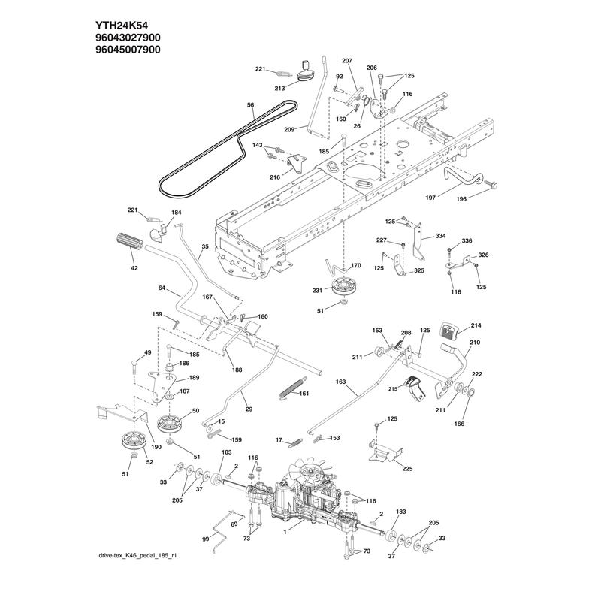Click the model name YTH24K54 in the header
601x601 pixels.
(x=122, y=26)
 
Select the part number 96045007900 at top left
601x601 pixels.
(x=128, y=50)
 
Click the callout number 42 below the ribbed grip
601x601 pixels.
(x=134, y=268)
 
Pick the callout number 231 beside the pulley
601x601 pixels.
(x=317, y=291)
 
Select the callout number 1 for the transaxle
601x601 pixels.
(x=285, y=532)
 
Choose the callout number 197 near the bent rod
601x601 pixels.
(x=430, y=198)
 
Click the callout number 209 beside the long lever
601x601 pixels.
(x=289, y=129)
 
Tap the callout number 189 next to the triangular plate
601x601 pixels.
(x=195, y=378)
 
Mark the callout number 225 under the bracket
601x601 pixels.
(x=407, y=468)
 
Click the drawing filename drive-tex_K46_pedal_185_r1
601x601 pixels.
(x=137, y=555)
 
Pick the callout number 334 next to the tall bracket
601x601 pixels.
(x=440, y=236)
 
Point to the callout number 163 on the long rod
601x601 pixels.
(x=340, y=382)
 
